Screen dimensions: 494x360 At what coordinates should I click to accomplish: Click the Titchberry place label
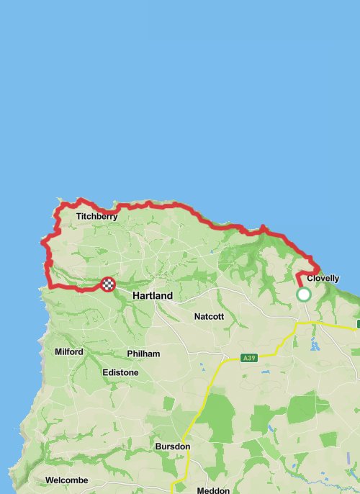point(96,216)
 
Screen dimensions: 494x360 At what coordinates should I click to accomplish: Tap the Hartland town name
point(153,296)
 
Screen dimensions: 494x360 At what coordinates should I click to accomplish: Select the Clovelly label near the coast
point(323,279)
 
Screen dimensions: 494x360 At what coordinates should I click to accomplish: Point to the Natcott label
point(210,316)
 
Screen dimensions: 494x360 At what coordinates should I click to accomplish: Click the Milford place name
point(69,352)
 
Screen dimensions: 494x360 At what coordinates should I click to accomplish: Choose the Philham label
point(143,354)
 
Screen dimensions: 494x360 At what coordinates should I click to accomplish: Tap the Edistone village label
point(120,372)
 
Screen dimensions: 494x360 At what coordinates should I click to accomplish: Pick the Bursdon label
point(172,446)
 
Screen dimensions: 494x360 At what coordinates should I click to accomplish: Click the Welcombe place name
point(66,480)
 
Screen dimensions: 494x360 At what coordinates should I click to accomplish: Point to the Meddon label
point(213,490)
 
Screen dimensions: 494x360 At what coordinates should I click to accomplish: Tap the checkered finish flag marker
point(107,284)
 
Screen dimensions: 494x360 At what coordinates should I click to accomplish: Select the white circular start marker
point(304,295)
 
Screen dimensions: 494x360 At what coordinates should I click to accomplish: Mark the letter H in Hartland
point(136,296)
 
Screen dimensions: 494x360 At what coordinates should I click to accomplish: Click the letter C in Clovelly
point(310,279)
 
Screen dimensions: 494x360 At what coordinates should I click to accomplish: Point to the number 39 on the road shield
point(252,357)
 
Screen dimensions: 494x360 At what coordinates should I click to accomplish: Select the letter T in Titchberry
point(78,216)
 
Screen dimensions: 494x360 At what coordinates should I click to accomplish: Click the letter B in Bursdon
point(158,446)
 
